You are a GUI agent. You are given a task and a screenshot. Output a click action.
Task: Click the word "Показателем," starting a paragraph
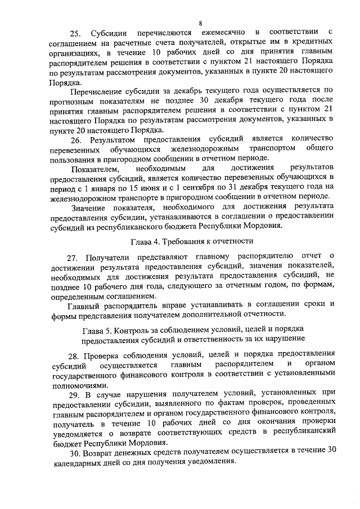(96, 169)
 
